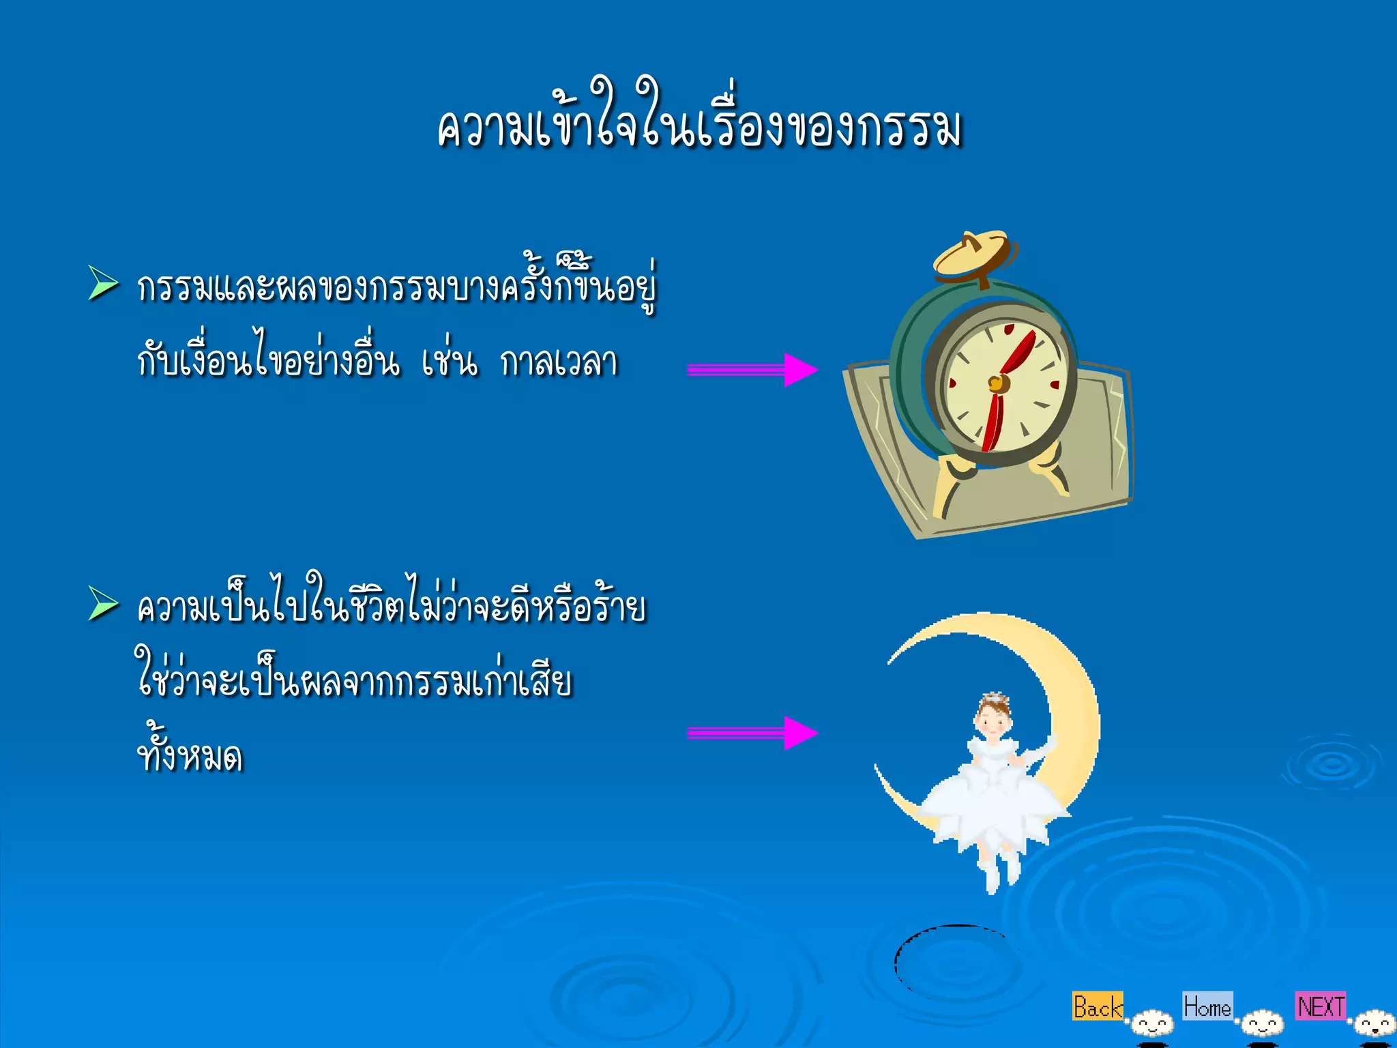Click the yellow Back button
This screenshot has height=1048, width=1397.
1097,1006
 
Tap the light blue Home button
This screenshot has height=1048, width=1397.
1207,1006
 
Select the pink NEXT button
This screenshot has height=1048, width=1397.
1321,1006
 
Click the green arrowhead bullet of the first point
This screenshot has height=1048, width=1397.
103,284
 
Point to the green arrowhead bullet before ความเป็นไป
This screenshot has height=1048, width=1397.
103,605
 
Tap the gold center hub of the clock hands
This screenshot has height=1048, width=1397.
997,383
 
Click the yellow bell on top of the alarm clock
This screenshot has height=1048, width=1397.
971,255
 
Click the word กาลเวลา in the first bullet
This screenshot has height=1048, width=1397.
559,362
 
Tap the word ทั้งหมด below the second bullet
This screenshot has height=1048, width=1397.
190,755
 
